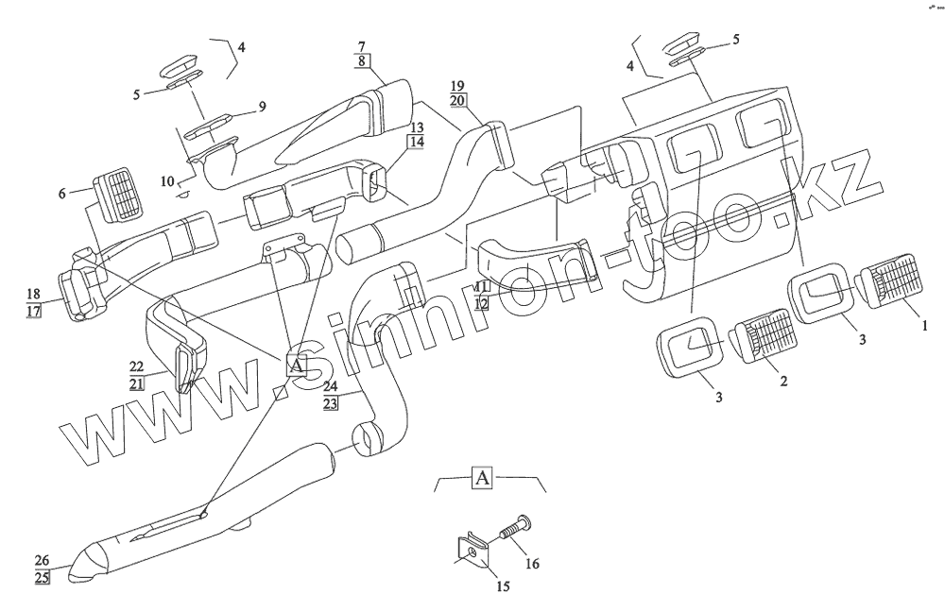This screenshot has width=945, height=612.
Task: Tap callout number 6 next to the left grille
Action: [62, 193]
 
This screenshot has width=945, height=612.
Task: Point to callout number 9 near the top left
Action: [262, 106]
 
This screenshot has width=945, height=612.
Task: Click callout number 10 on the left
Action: [168, 180]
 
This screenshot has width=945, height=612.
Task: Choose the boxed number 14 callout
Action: [416, 142]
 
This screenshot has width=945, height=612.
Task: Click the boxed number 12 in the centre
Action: [481, 302]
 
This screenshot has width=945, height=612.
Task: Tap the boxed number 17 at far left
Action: [35, 309]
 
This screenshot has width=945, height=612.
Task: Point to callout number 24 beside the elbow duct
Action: [330, 385]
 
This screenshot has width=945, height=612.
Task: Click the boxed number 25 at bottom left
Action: [43, 577]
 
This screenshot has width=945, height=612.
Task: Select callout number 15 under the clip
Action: [502, 586]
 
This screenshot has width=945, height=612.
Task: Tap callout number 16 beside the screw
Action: [532, 564]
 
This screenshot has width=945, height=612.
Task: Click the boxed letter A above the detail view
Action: [481, 477]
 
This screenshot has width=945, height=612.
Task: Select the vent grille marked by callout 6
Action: [116, 196]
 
